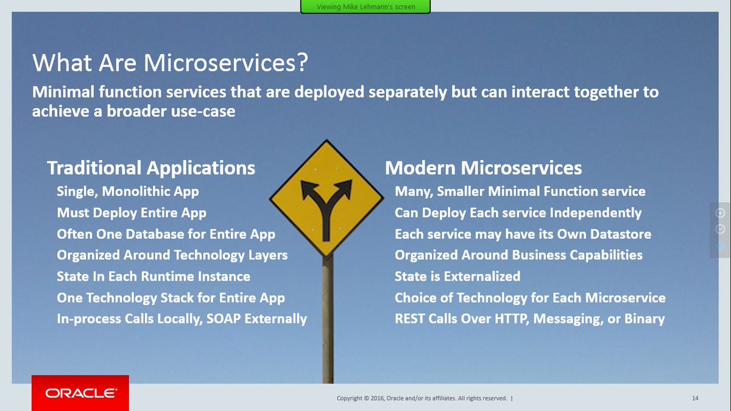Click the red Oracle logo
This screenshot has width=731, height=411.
point(80,393)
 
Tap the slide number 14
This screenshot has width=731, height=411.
point(695,398)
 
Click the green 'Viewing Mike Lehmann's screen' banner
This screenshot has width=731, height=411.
point(365,7)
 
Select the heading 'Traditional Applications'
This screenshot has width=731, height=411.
point(151,168)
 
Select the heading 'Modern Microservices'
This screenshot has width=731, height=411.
point(483,168)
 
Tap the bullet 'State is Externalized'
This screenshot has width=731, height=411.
point(457,276)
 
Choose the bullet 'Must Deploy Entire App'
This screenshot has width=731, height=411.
point(132,213)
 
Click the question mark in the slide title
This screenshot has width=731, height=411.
point(303,62)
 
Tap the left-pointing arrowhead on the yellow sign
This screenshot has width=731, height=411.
point(308,189)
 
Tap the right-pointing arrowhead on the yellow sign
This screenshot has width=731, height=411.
point(344,188)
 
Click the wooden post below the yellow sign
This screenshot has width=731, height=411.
point(328,319)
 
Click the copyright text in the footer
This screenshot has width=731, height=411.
point(422,398)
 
